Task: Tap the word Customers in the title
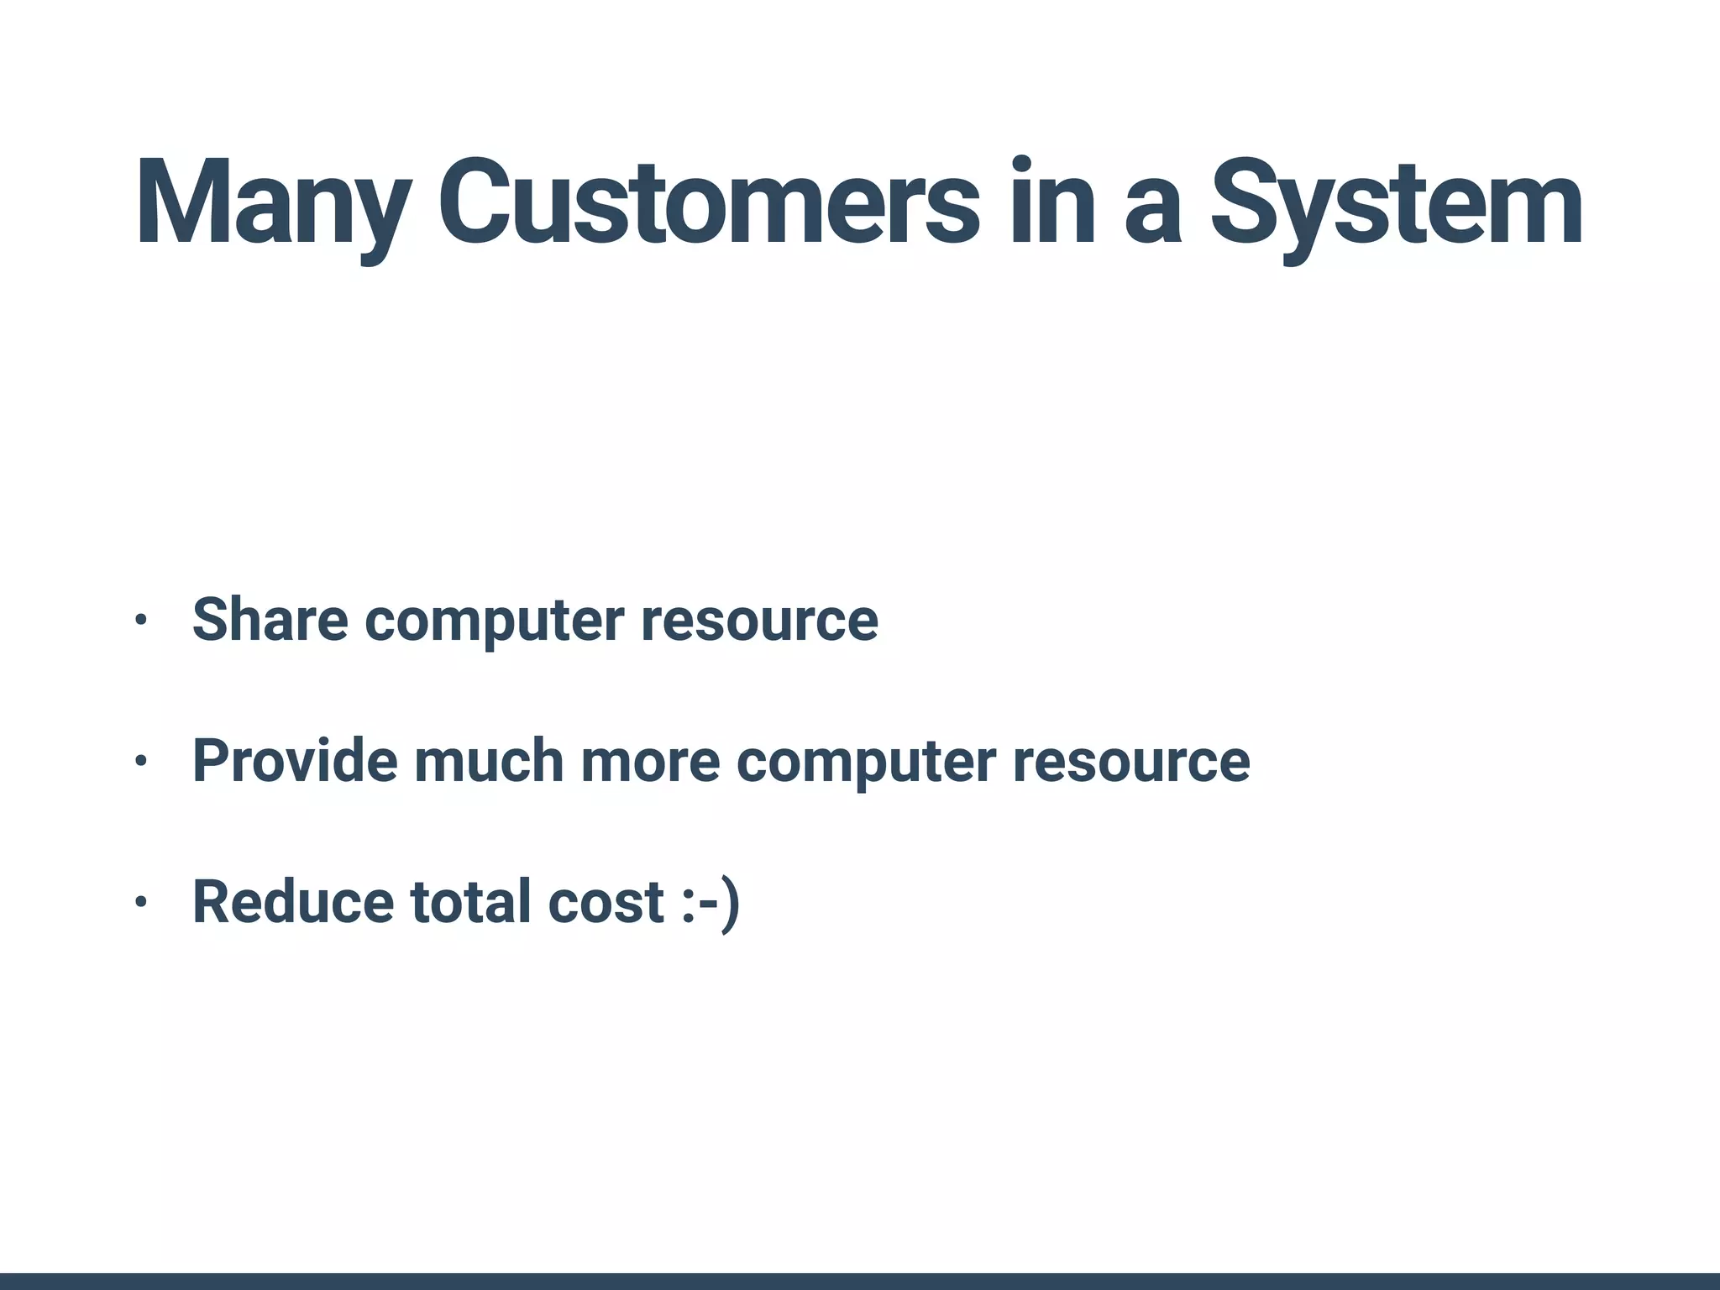pos(708,204)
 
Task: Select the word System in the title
pos(1396,204)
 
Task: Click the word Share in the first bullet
pos(270,620)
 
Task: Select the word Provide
pos(295,761)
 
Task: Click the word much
pos(488,761)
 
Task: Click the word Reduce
pos(293,902)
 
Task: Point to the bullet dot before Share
pos(140,621)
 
